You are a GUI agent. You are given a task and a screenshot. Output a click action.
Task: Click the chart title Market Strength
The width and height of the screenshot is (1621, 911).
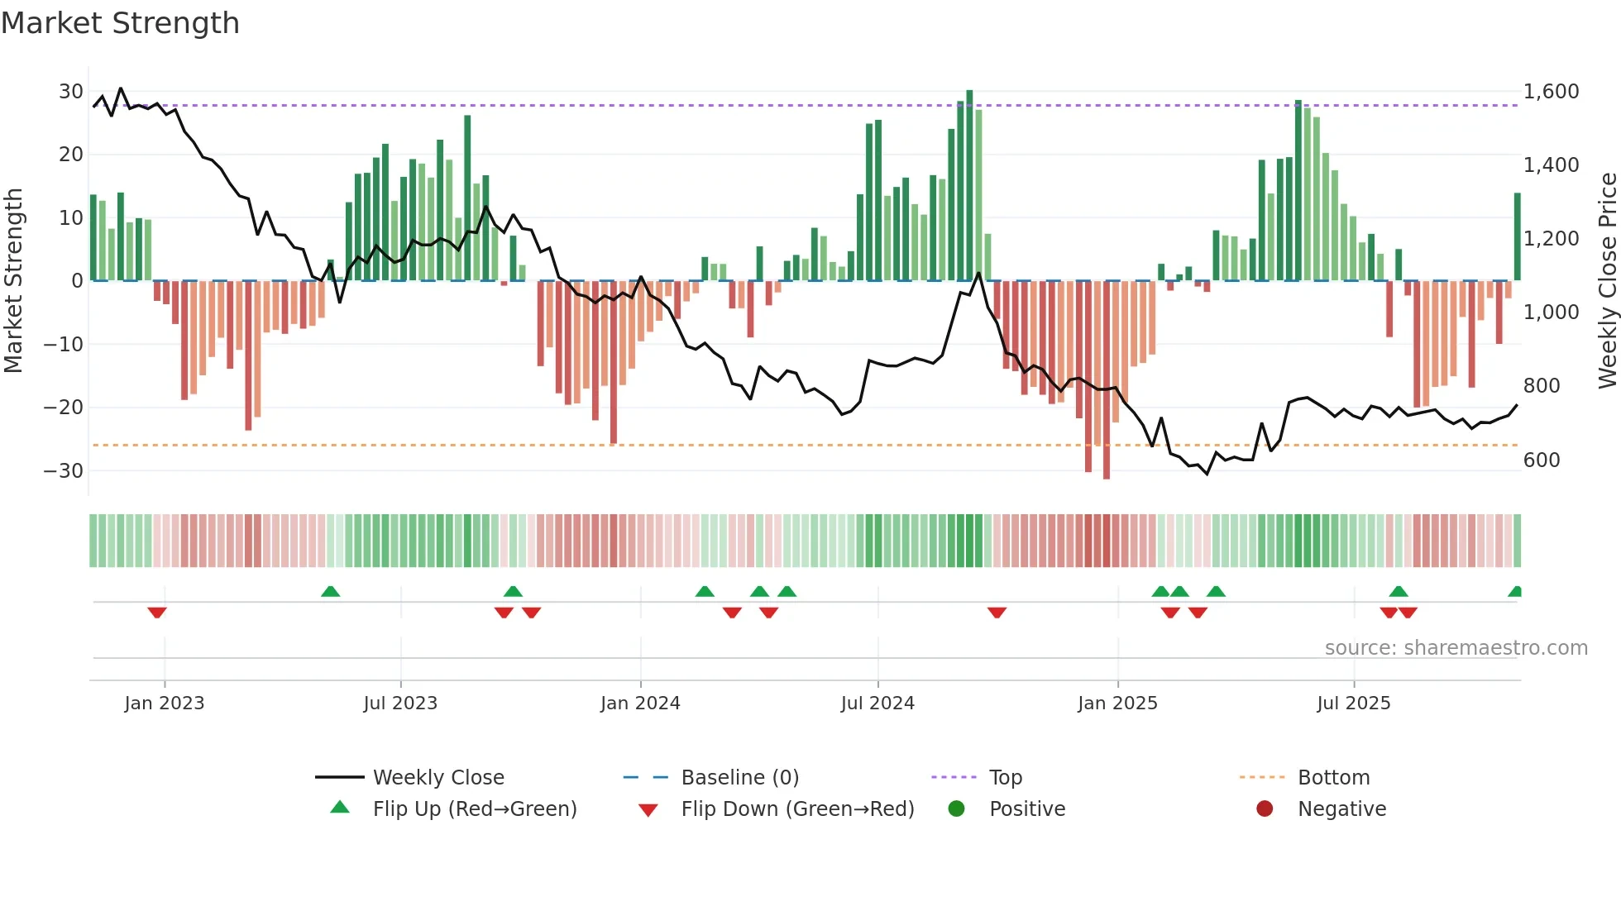tap(120, 23)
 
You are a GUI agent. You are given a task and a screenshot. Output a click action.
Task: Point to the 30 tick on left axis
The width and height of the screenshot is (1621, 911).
tap(70, 92)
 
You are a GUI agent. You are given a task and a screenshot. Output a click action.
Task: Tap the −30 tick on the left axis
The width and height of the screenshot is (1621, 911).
tap(64, 471)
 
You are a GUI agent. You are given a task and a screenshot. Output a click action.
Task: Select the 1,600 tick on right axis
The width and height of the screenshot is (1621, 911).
tap(1551, 92)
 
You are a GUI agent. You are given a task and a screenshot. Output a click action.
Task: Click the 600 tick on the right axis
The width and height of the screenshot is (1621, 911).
tap(1542, 460)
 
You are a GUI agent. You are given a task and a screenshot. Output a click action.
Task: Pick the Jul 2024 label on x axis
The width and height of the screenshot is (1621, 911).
tap(877, 704)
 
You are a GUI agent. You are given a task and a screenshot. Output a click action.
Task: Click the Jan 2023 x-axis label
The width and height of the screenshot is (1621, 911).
tap(164, 704)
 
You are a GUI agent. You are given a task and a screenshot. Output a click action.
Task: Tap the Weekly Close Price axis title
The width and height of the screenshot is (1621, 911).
tap(1607, 281)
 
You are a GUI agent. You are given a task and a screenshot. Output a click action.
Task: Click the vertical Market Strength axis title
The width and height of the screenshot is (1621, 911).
tap(13, 281)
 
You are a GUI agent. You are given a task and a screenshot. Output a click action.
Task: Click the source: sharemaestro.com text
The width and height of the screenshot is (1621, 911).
tap(1456, 648)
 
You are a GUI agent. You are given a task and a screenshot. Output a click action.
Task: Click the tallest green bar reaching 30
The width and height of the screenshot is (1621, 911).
tap(969, 186)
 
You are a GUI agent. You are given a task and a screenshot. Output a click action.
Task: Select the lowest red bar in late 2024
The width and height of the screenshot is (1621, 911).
tap(1107, 380)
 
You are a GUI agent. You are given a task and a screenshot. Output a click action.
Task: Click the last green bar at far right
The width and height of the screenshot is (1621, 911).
tap(1518, 237)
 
